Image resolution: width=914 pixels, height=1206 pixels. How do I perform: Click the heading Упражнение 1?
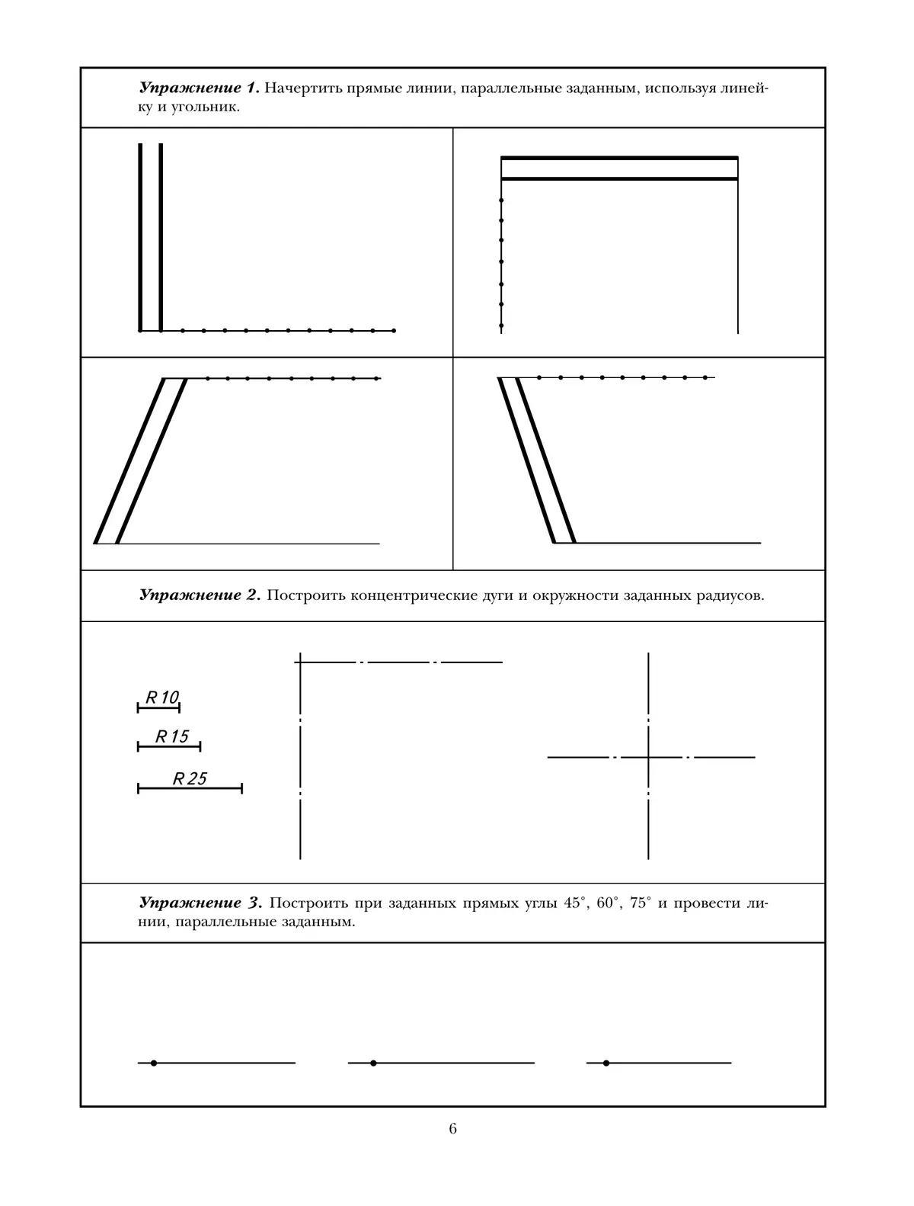tap(200, 88)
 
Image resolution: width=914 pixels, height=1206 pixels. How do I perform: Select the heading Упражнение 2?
tap(200, 595)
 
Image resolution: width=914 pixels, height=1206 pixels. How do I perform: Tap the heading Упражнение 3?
tap(200, 903)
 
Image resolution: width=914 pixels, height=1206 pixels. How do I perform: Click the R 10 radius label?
tap(161, 697)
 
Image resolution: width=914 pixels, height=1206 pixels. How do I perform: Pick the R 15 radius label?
tap(171, 736)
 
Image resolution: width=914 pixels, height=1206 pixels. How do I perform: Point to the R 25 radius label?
tap(190, 778)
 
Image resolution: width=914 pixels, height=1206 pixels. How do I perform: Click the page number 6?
tap(452, 1128)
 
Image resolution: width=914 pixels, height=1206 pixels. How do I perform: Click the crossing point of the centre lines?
tap(648, 757)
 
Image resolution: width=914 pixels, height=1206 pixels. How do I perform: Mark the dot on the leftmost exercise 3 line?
tap(154, 1063)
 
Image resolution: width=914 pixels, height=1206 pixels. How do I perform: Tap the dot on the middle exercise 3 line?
tap(373, 1063)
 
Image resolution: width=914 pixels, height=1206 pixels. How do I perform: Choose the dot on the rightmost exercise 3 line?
tap(606, 1063)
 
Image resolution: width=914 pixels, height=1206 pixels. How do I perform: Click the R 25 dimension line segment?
tap(190, 788)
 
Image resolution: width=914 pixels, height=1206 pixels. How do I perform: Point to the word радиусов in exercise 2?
tap(730, 595)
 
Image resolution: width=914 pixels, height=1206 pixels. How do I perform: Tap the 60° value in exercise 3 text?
tap(609, 903)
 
